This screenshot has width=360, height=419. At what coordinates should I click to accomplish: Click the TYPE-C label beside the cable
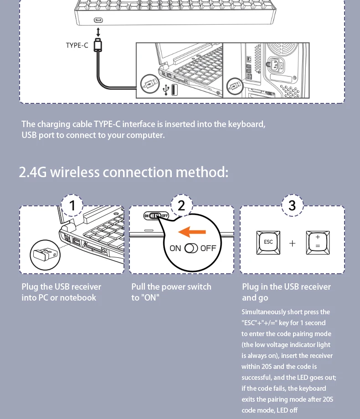click(77, 45)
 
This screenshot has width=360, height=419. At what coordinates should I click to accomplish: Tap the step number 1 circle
click(72, 206)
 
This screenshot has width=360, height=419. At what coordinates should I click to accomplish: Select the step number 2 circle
click(182, 206)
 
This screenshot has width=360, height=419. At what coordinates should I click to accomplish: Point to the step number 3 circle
click(292, 206)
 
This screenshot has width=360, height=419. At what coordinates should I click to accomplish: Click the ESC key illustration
click(268, 242)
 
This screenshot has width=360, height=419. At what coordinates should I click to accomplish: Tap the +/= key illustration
click(317, 242)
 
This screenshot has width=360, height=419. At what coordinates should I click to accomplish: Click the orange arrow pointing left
click(192, 232)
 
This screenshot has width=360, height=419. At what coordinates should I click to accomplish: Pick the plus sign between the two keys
click(293, 243)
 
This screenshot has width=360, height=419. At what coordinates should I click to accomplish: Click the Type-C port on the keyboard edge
click(98, 20)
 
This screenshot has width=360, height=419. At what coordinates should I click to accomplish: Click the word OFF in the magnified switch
click(208, 248)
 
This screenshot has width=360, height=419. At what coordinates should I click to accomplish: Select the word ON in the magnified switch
click(175, 248)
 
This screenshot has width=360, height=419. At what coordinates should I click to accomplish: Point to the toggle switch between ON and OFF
click(191, 248)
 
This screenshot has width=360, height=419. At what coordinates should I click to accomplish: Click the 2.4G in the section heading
click(32, 173)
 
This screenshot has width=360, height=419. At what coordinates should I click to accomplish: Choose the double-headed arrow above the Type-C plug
click(98, 32)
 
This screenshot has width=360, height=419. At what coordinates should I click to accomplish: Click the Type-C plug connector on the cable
click(98, 46)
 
